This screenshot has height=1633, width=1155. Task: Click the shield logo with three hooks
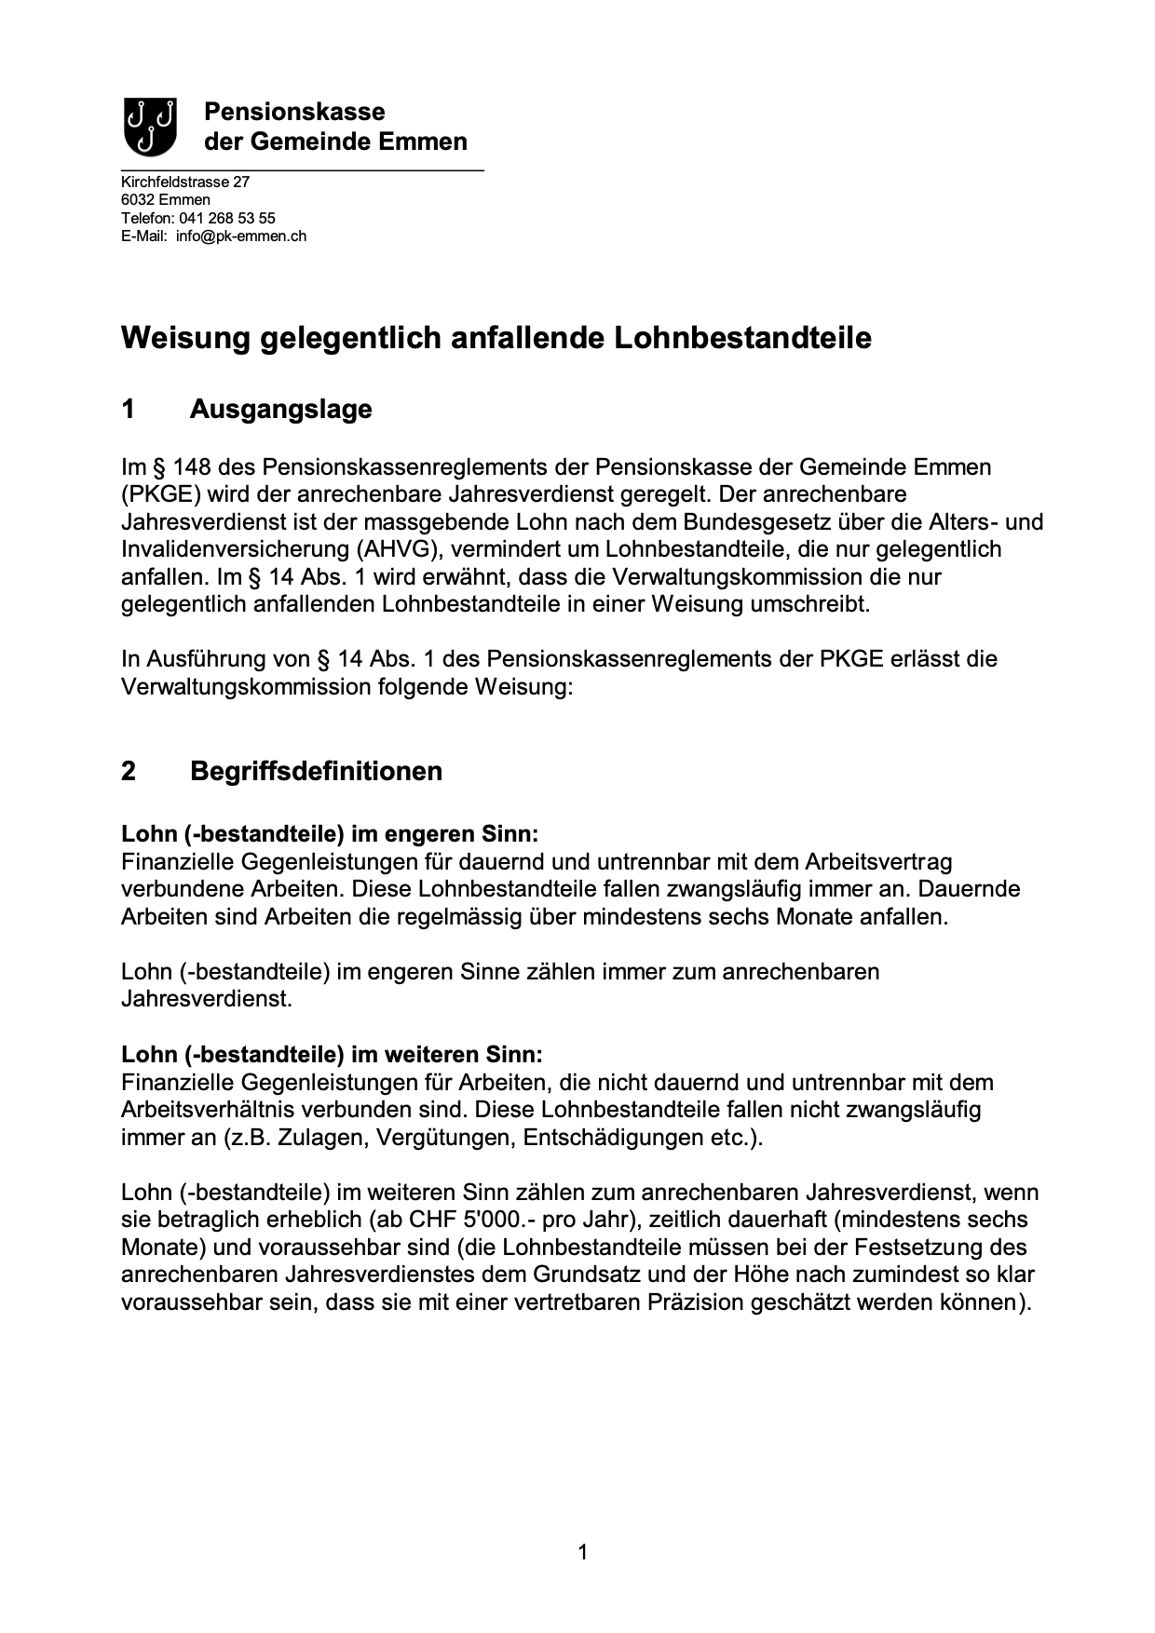point(150,127)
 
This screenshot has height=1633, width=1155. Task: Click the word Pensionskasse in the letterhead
point(294,113)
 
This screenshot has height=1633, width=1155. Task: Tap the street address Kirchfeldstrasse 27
point(185,182)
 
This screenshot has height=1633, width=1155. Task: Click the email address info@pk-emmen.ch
point(241,236)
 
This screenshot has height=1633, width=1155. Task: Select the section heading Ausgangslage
point(280,409)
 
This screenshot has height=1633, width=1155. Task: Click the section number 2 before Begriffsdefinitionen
point(129,771)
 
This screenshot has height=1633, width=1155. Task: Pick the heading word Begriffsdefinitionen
point(316,771)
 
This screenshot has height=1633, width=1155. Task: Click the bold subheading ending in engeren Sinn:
point(330,833)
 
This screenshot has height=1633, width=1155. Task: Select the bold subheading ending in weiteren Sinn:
point(332,1055)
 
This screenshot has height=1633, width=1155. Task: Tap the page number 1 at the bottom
point(583,1552)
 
